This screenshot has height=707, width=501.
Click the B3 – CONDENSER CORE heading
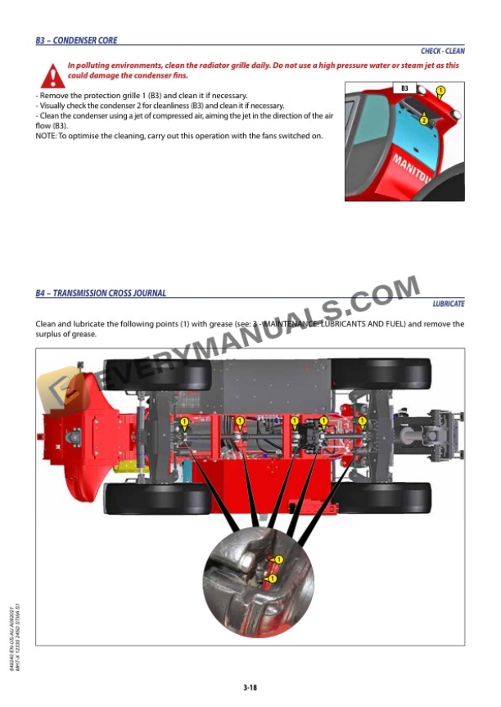[76, 40]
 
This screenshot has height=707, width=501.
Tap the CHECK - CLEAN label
[442, 51]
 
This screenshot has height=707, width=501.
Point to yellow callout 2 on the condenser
[423, 120]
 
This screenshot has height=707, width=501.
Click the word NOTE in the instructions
[45, 135]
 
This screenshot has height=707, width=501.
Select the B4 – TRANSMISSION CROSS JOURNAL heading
[101, 292]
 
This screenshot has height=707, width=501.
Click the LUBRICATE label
[449, 304]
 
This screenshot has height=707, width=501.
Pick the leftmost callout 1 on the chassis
[184, 421]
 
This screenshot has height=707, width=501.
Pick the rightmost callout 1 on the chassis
[362, 421]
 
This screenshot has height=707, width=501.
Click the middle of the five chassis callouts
[294, 421]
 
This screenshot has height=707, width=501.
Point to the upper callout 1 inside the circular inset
[278, 560]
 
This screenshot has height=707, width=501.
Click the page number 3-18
[250, 687]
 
